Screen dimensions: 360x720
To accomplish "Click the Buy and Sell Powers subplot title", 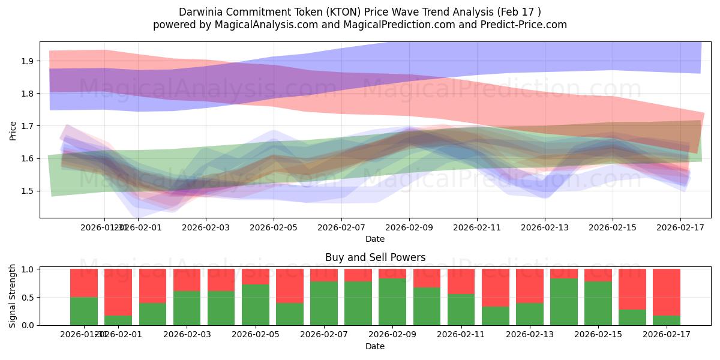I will pos(375,257).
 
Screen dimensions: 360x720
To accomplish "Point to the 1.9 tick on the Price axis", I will pos(26,61).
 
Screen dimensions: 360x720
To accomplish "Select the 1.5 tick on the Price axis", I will pos(26,191).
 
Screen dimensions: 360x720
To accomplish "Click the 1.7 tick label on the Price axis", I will pos(26,126).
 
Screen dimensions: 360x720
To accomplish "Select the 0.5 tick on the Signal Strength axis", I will pos(26,298).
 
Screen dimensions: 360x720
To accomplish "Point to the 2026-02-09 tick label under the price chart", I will pos(409,228).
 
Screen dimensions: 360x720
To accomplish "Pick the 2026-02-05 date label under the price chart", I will pos(274,228).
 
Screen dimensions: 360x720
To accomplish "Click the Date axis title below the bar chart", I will pos(375,346).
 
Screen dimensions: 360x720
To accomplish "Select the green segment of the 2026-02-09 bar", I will pos(392,302).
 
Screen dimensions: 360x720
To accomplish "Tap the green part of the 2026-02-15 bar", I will pos(598,304).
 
